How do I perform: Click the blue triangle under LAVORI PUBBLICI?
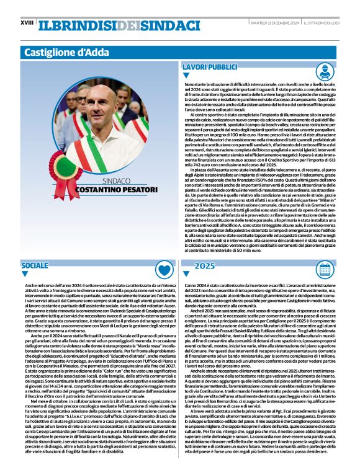pyautogui.click(x=186, y=76)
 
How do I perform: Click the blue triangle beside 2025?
pyautogui.click(x=186, y=274)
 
